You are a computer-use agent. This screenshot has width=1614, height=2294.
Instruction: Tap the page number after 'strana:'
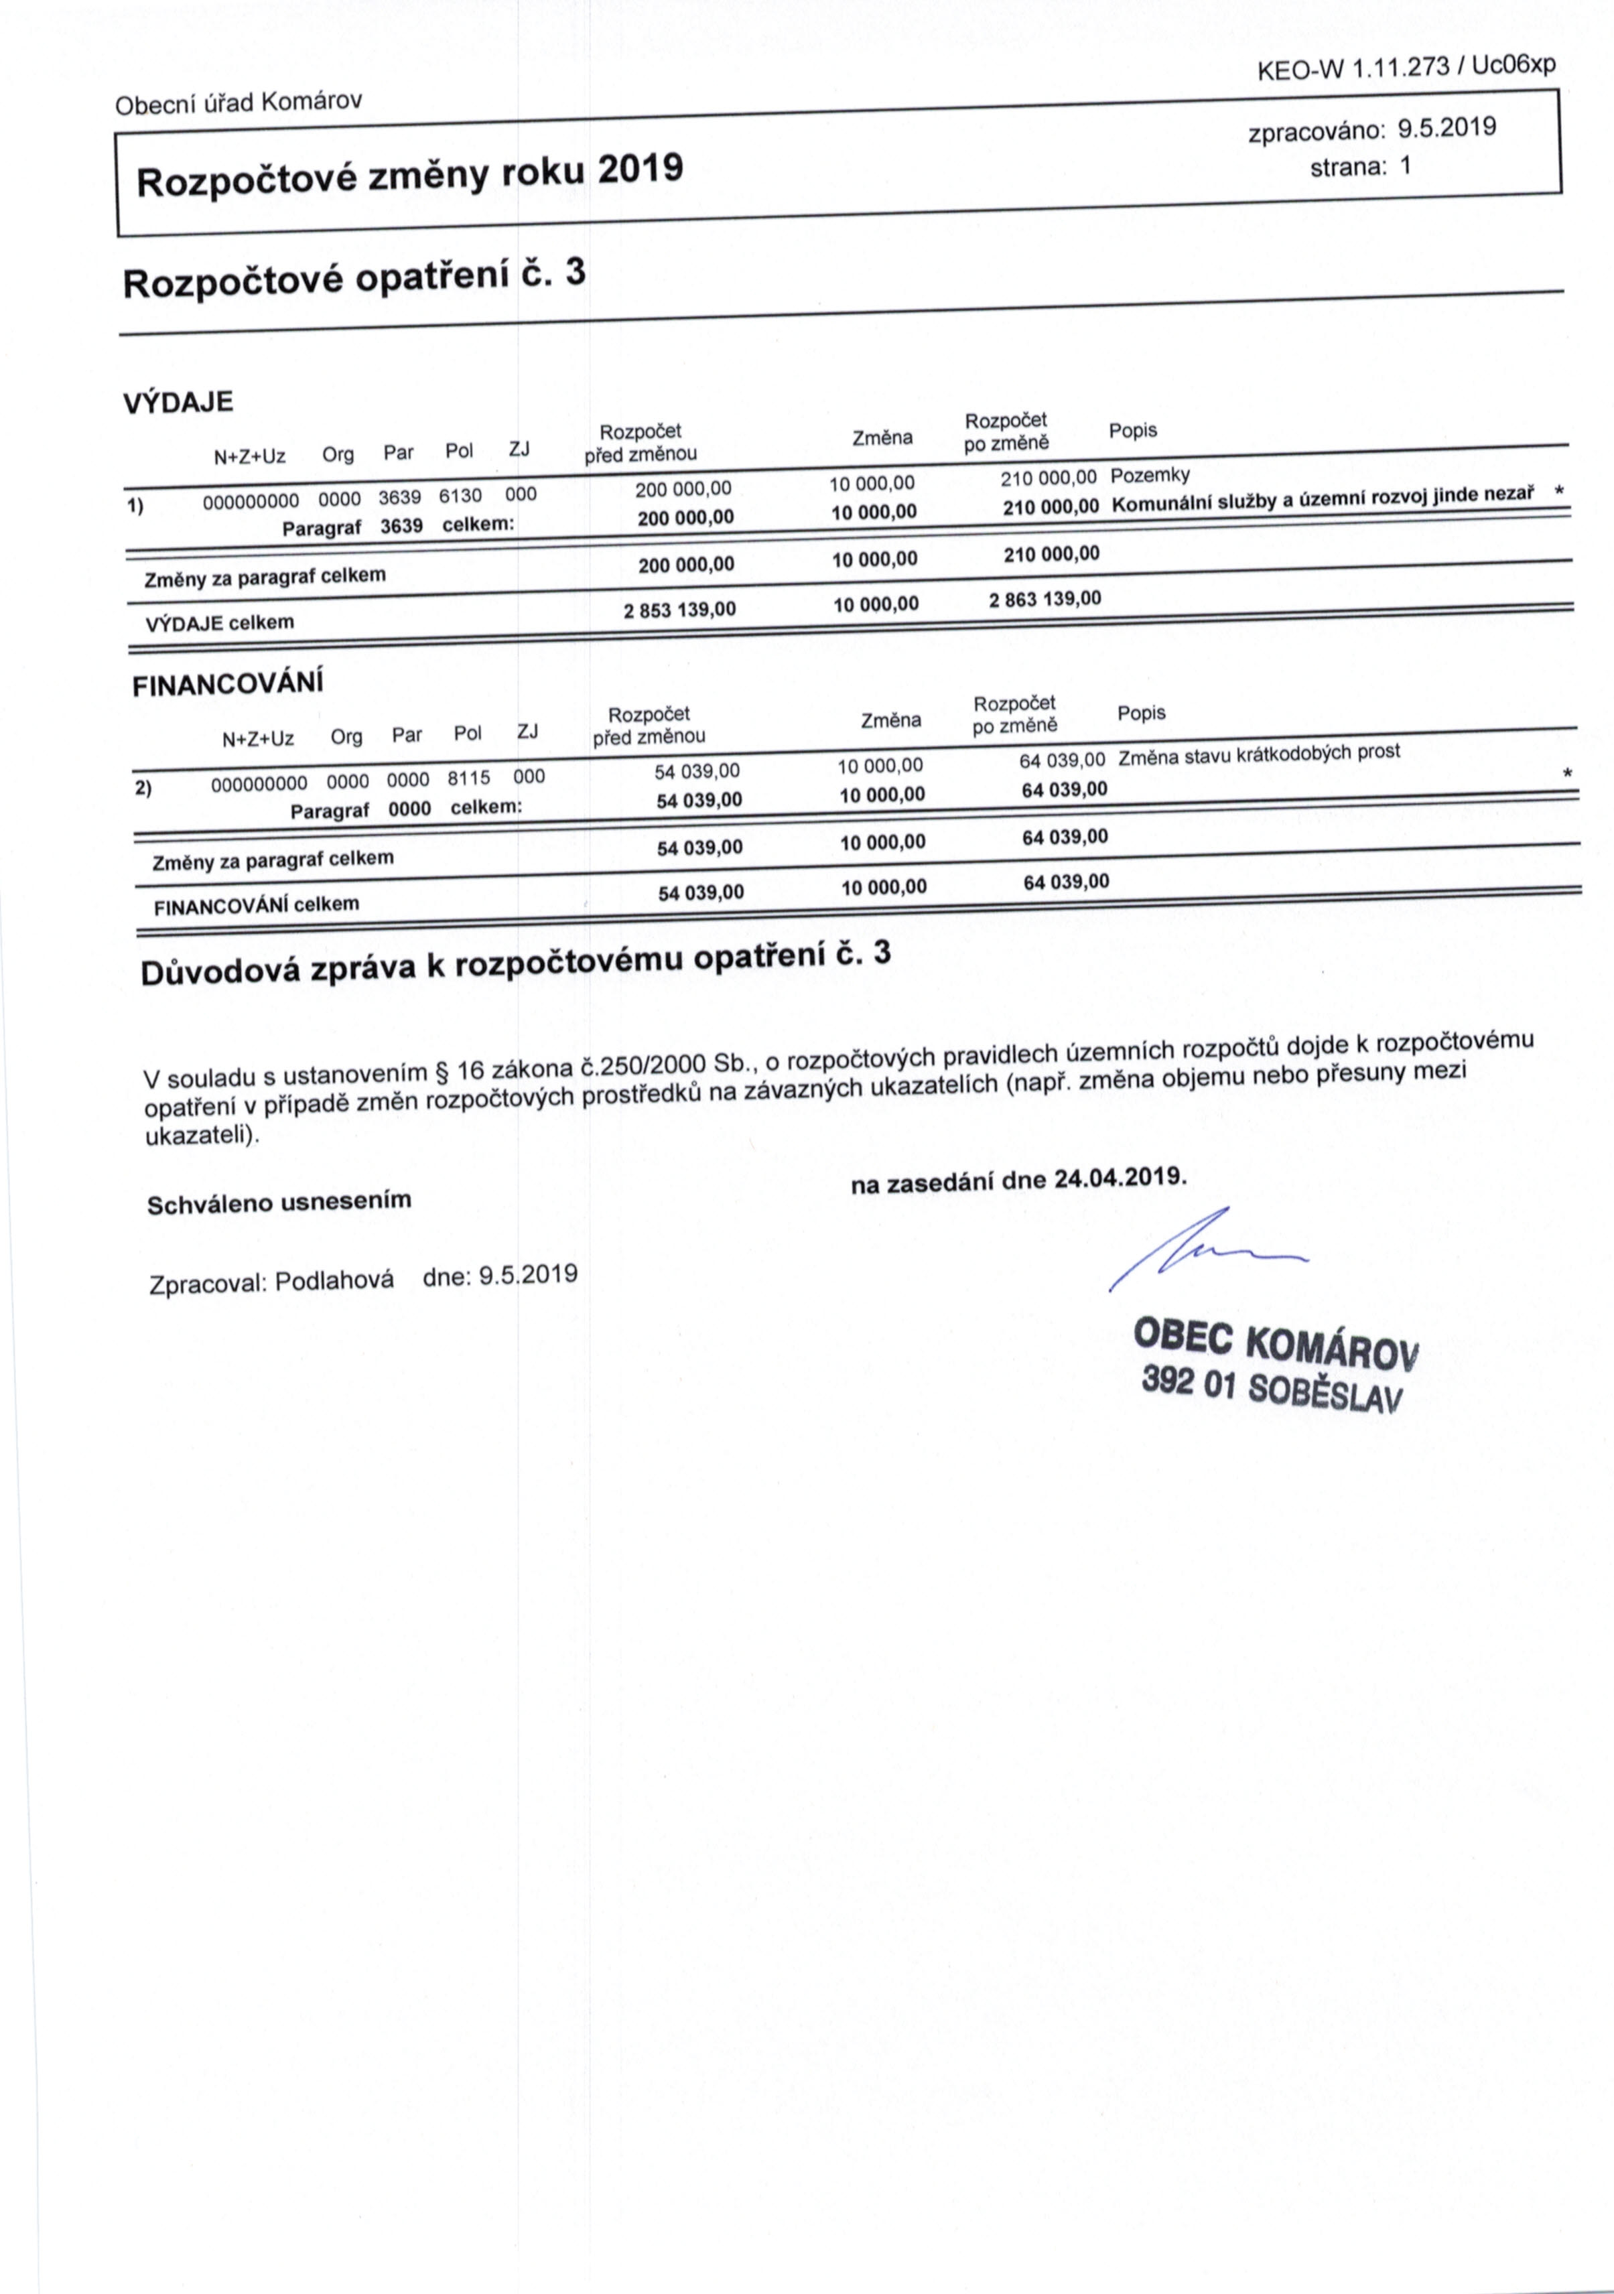click(x=1404, y=166)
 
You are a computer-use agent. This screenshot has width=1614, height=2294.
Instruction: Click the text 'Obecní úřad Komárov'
click(x=239, y=102)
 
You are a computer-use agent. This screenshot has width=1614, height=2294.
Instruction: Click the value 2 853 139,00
click(x=679, y=608)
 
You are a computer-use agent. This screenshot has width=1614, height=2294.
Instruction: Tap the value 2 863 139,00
click(x=1045, y=600)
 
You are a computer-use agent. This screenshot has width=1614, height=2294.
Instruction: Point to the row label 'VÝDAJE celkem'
click(x=220, y=622)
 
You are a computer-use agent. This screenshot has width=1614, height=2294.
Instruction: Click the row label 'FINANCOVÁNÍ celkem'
click(x=256, y=905)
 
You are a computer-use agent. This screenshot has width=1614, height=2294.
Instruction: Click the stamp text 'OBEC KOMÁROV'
click(x=1276, y=1345)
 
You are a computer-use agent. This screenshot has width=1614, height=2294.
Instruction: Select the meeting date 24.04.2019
click(x=1120, y=1177)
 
